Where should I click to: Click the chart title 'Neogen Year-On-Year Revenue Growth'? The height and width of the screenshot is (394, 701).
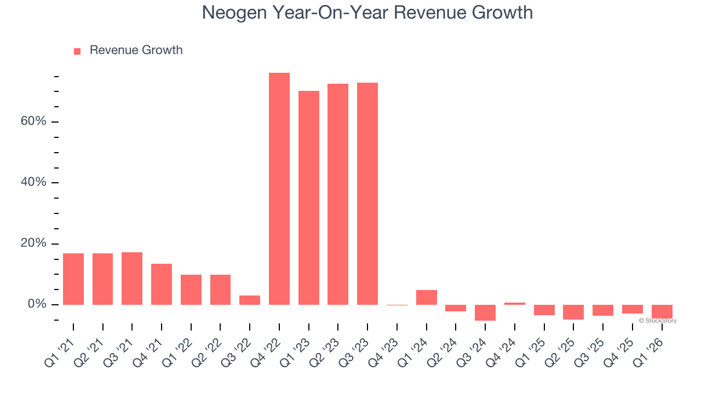[367, 13]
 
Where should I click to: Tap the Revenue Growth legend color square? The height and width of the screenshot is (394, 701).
[77, 51]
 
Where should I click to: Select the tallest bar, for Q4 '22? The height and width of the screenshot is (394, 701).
[279, 189]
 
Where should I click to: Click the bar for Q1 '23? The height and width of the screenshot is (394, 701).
[309, 198]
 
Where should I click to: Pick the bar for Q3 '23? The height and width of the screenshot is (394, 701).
[367, 194]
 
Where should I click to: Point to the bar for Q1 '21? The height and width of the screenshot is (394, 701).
[73, 279]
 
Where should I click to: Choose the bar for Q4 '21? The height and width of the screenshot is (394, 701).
[162, 284]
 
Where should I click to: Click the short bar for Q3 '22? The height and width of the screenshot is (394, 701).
[250, 300]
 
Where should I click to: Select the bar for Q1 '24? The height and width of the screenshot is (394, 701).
[427, 297]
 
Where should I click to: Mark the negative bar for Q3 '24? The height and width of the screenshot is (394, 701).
[485, 312]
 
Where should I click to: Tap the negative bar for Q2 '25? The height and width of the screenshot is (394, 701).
[573, 312]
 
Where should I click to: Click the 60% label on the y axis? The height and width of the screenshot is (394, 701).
[33, 121]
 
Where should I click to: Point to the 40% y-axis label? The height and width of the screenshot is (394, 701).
[33, 182]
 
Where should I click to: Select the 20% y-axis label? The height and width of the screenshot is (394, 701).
[33, 244]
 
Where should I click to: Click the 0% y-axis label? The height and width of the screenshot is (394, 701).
[37, 304]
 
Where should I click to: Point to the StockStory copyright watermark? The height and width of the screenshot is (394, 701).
[657, 321]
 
